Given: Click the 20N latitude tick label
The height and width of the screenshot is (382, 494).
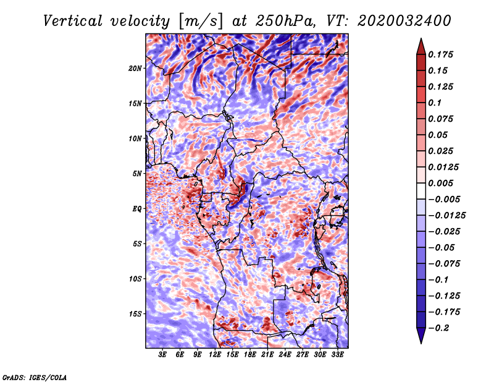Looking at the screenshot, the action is pyautogui.click(x=135, y=69).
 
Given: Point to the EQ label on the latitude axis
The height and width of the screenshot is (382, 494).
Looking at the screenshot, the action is pyautogui.click(x=136, y=209).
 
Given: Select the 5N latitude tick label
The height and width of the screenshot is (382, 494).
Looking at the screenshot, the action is pyautogui.click(x=137, y=174).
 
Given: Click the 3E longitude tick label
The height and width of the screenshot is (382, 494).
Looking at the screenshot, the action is pyautogui.click(x=162, y=355).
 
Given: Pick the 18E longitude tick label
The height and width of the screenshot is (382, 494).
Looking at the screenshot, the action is pyautogui.click(x=250, y=355).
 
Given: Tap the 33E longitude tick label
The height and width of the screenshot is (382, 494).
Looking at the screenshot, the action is pyautogui.click(x=337, y=355).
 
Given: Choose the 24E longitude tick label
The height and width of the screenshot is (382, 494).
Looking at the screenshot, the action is pyautogui.click(x=285, y=355).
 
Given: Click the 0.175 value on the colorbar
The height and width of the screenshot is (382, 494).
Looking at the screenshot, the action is pyautogui.click(x=440, y=54).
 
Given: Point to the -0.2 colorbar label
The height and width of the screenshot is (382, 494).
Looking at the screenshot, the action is pyautogui.click(x=438, y=328).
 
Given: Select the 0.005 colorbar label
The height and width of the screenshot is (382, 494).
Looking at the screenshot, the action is pyautogui.click(x=440, y=183).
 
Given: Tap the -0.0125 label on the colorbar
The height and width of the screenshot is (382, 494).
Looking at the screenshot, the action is pyautogui.click(x=446, y=216).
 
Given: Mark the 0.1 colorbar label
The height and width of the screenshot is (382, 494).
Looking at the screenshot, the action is pyautogui.click(x=435, y=103).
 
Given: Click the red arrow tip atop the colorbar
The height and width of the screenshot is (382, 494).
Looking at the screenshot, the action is pyautogui.click(x=421, y=39).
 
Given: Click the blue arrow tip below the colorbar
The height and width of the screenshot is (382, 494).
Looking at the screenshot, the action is pyautogui.click(x=421, y=342).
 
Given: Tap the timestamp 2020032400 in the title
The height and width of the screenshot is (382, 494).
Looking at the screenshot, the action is pyautogui.click(x=404, y=21).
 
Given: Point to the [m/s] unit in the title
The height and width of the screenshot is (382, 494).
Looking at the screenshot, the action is pyautogui.click(x=201, y=22).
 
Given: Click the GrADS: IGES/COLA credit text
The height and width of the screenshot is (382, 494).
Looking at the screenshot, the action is pyautogui.click(x=35, y=377).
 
